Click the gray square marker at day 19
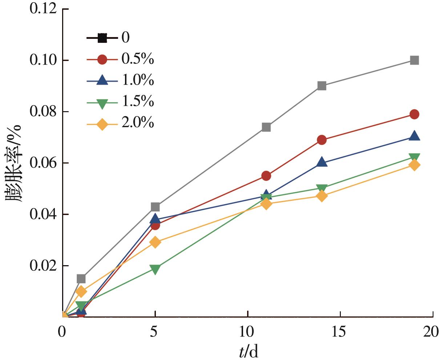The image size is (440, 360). click(x=414, y=60)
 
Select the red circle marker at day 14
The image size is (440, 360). click(x=322, y=140)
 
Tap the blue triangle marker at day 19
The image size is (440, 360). click(x=414, y=136)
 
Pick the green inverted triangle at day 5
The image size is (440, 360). click(x=155, y=269)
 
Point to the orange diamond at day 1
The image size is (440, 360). click(x=81, y=291)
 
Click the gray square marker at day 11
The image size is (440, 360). click(x=266, y=127)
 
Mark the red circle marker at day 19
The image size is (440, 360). click(x=414, y=114)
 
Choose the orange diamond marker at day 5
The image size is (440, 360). click(x=155, y=242)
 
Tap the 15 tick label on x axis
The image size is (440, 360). click(x=340, y=331)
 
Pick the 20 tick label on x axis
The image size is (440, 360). click(x=432, y=331)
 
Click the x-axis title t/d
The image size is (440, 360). click(x=249, y=351)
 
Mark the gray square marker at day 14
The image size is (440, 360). click(x=322, y=86)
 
